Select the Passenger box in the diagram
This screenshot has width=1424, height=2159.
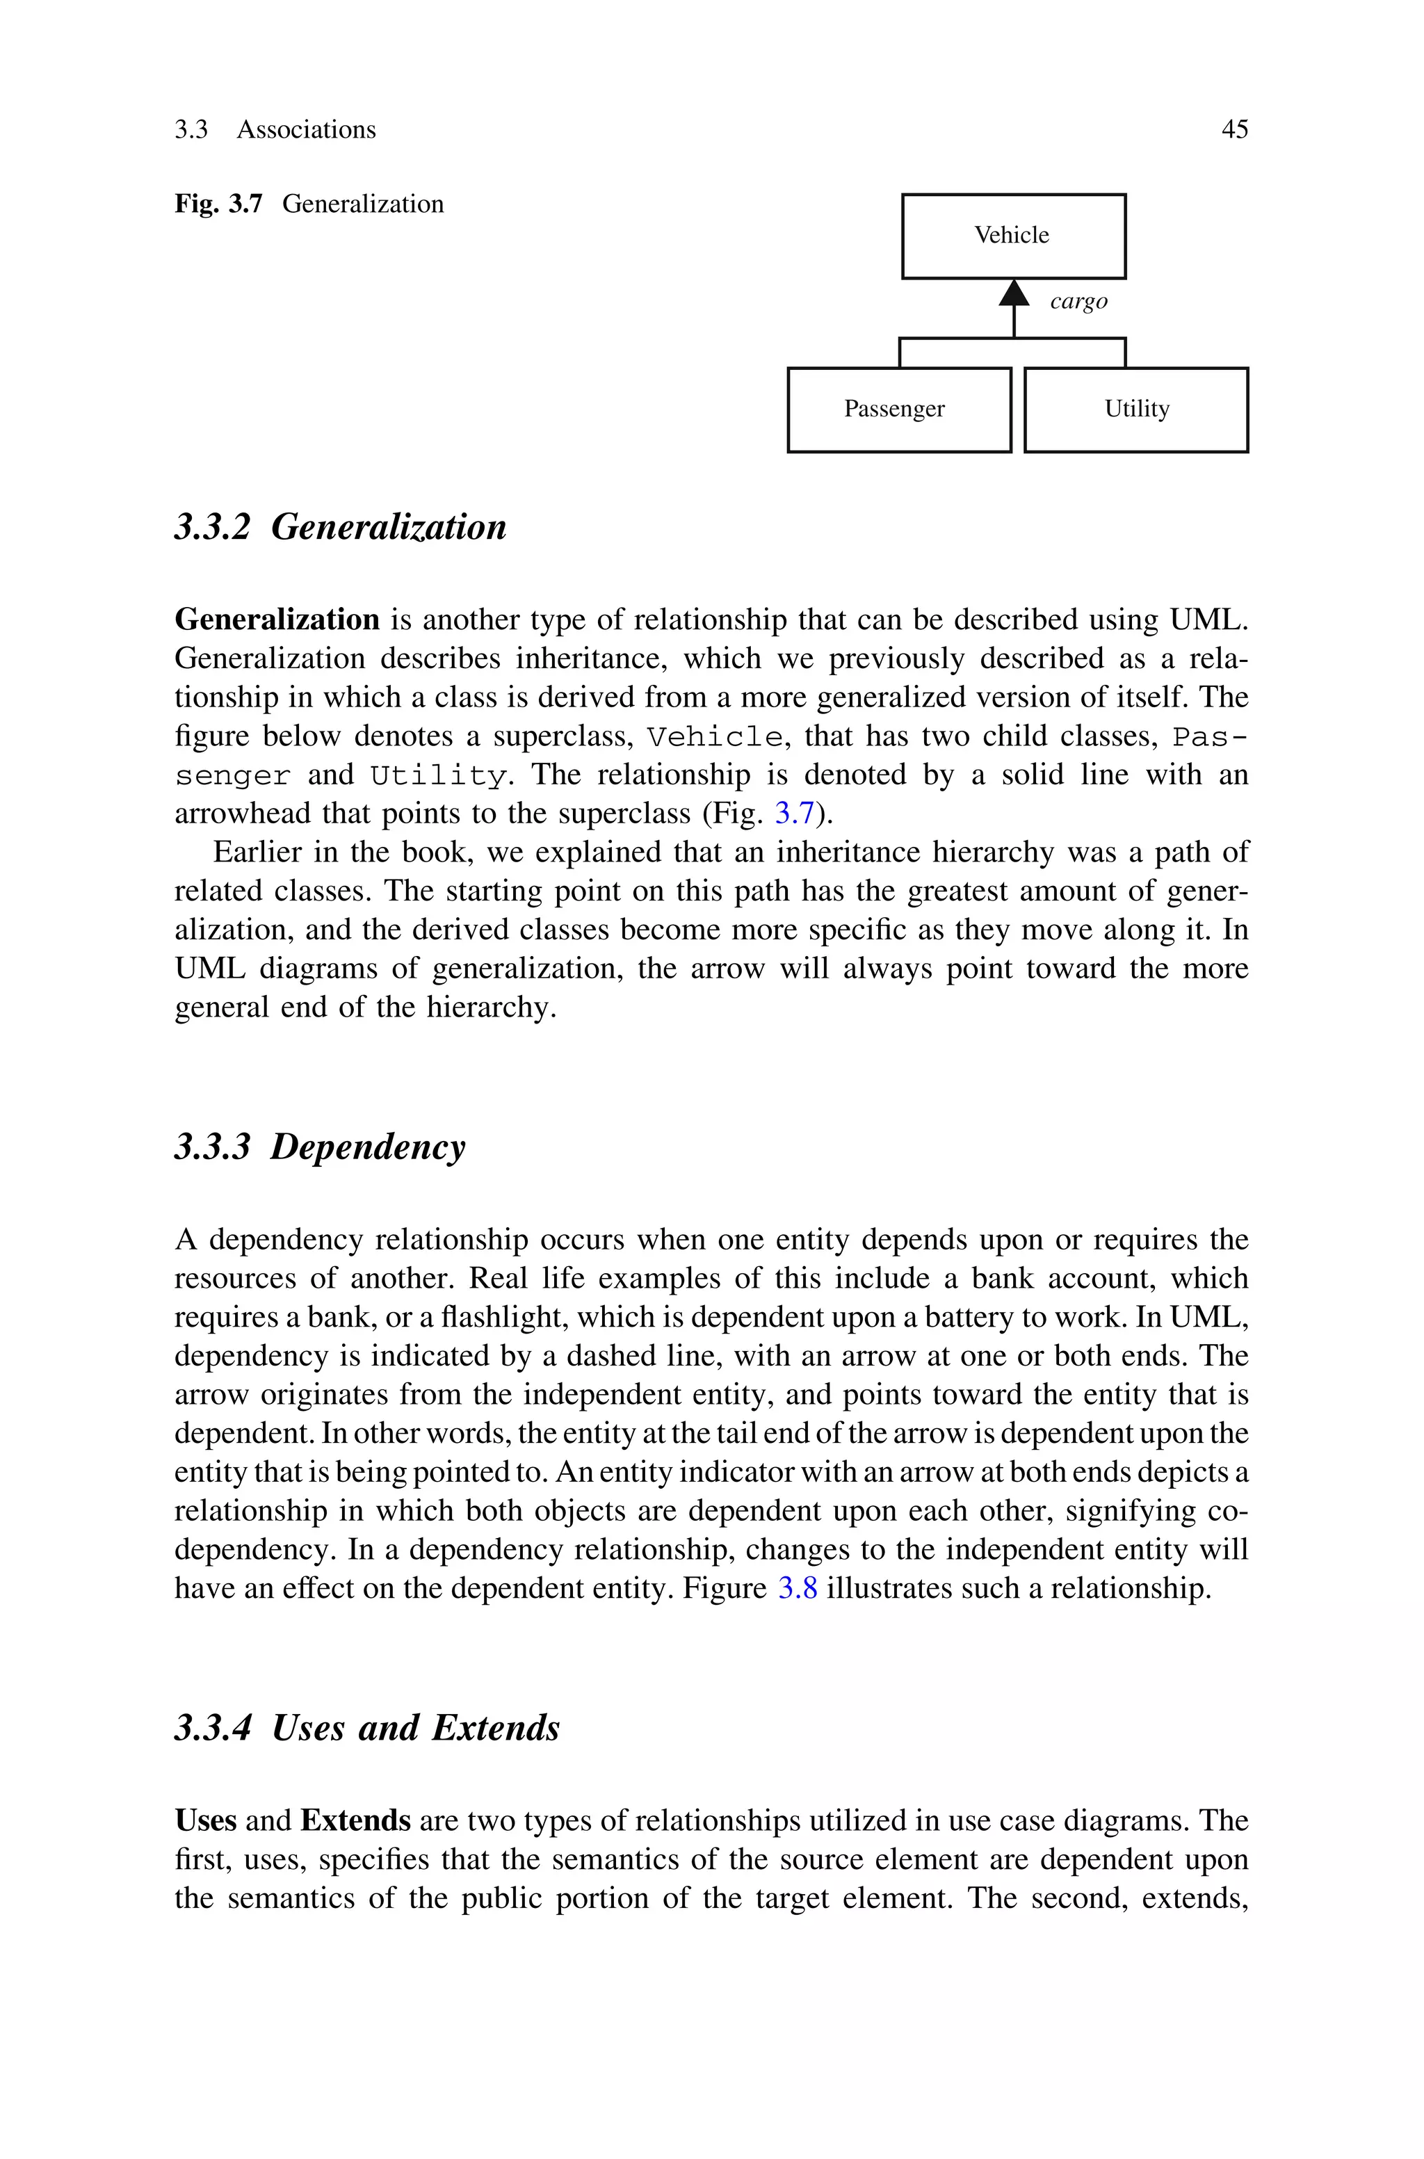point(898,410)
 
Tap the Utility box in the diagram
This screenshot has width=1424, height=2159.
point(1135,410)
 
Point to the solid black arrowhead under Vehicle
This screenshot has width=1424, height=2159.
point(1014,293)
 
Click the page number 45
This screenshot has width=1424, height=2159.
point(1234,130)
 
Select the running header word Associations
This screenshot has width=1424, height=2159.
point(306,130)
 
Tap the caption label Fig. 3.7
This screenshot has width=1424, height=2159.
point(218,204)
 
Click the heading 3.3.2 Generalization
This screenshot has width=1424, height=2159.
point(341,526)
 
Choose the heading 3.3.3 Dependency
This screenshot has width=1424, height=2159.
point(320,1147)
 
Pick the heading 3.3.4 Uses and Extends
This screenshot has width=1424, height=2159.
point(367,1727)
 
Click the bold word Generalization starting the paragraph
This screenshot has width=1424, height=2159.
point(277,620)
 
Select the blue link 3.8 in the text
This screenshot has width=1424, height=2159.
point(798,1589)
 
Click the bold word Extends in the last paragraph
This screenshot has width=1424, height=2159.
point(355,1820)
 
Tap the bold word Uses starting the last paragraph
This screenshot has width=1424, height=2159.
point(205,1820)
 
